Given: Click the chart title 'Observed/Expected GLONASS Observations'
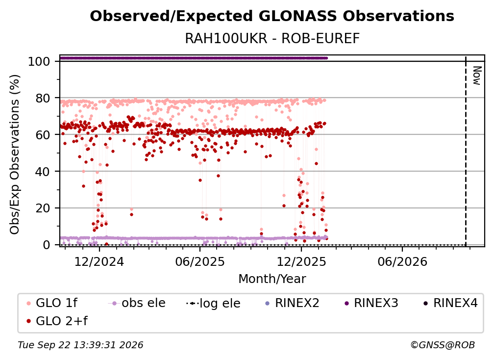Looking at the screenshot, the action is pyautogui.click(x=272, y=16).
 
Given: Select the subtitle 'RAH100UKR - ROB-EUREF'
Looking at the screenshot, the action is pyautogui.click(x=272, y=38).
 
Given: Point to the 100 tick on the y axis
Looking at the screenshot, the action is pyautogui.click(x=39, y=61).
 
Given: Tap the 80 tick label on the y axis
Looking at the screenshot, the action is pyautogui.click(x=43, y=99).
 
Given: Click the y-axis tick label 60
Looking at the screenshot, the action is pyautogui.click(x=43, y=135).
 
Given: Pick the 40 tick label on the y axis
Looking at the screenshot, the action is pyautogui.click(x=43, y=172).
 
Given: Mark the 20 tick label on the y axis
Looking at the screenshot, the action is pyautogui.click(x=43, y=208).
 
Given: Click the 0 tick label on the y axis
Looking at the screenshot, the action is pyautogui.click(x=46, y=245).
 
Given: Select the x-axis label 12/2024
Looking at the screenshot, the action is pyautogui.click(x=99, y=261).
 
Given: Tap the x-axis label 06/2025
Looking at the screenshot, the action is pyautogui.click(x=200, y=261).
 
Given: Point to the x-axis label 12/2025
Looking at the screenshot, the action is pyautogui.click(x=301, y=261).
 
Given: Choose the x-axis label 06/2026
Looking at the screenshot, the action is pyautogui.click(x=402, y=261).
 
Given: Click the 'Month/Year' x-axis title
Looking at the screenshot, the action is pyautogui.click(x=272, y=279).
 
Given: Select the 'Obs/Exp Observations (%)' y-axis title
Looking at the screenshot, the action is pyautogui.click(x=15, y=154).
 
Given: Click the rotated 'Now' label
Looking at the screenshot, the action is pyautogui.click(x=477, y=76).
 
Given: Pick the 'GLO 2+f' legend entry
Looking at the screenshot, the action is pyautogui.click(x=57, y=321).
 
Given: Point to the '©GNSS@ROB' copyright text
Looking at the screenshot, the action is pyautogui.click(x=443, y=345).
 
